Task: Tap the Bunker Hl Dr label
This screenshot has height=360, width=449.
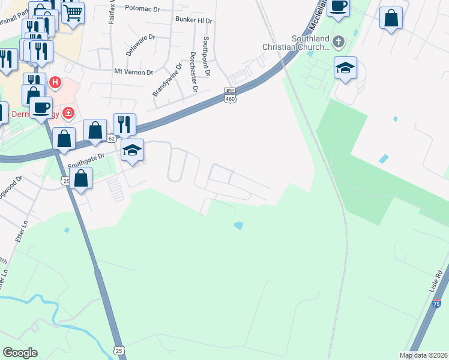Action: tap(194, 20)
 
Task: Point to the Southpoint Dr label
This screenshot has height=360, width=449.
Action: tap(206, 55)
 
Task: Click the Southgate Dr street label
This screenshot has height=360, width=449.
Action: tap(86, 160)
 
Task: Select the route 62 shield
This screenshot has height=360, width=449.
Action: tap(111, 138)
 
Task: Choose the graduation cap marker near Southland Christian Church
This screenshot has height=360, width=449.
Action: tap(345, 68)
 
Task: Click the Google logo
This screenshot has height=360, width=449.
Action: tap(20, 353)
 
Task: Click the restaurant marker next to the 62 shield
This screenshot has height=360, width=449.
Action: tap(124, 124)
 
